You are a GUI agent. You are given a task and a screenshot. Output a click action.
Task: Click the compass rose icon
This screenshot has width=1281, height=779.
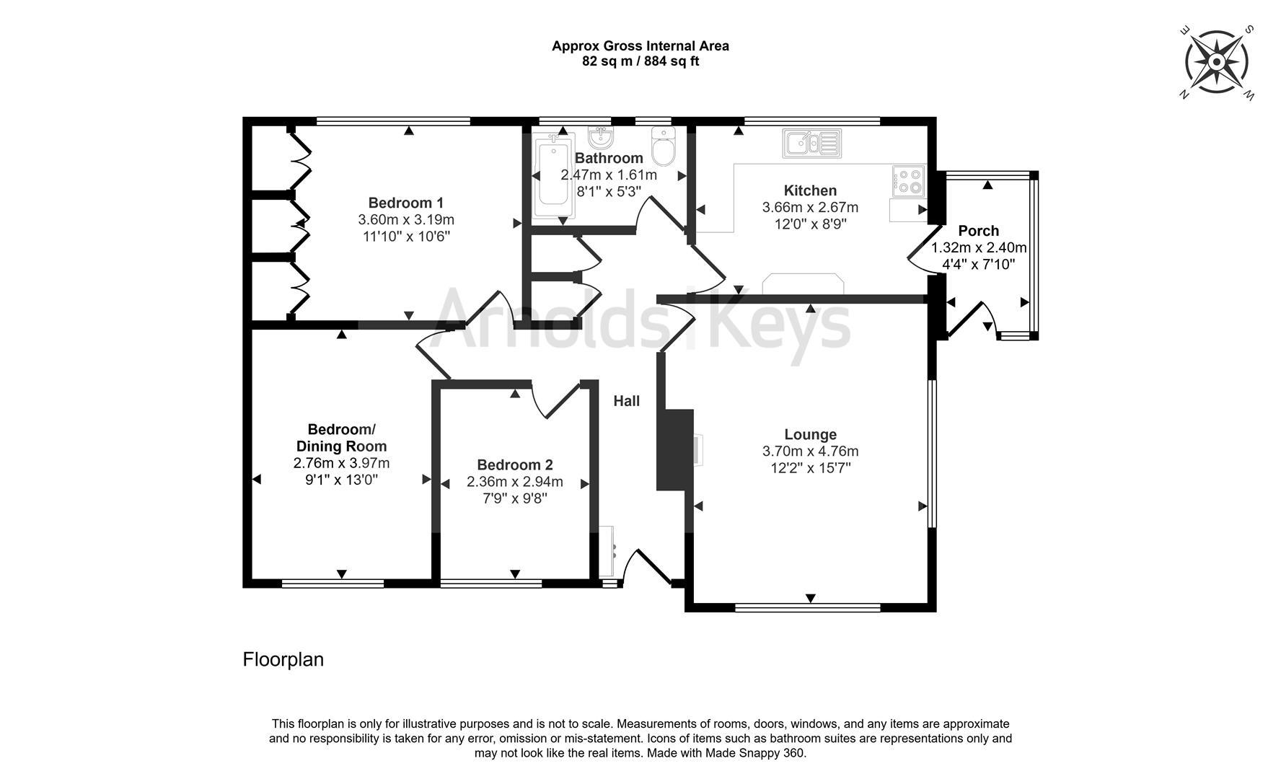1217,62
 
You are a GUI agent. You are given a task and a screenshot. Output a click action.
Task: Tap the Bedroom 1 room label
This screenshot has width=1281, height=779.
406,203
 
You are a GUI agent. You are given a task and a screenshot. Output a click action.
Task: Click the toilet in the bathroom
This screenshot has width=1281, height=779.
662,147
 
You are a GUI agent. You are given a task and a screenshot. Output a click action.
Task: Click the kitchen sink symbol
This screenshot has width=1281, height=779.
812,143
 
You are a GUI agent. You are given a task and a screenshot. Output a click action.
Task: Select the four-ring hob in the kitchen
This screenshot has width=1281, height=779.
908,180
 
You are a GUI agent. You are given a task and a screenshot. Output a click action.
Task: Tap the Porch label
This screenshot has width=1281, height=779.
978,231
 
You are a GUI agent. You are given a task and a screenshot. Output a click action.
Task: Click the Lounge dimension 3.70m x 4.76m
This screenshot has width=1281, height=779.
810,452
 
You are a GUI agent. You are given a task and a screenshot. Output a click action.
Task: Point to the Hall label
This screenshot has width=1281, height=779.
626,401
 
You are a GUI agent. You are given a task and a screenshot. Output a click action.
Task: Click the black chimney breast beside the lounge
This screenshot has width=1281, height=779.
674,451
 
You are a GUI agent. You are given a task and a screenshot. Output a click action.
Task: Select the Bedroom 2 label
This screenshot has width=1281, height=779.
515,465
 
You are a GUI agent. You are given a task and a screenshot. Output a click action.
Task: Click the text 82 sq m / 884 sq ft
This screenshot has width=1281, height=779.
640,61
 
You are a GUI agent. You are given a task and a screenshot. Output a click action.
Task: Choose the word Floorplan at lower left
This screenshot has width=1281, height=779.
283,659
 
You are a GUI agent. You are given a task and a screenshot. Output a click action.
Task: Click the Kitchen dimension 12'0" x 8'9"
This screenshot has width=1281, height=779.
810,224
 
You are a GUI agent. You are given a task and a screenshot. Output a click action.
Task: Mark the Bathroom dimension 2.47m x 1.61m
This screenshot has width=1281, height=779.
609,175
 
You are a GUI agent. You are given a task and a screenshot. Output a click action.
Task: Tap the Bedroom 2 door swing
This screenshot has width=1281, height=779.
555,400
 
